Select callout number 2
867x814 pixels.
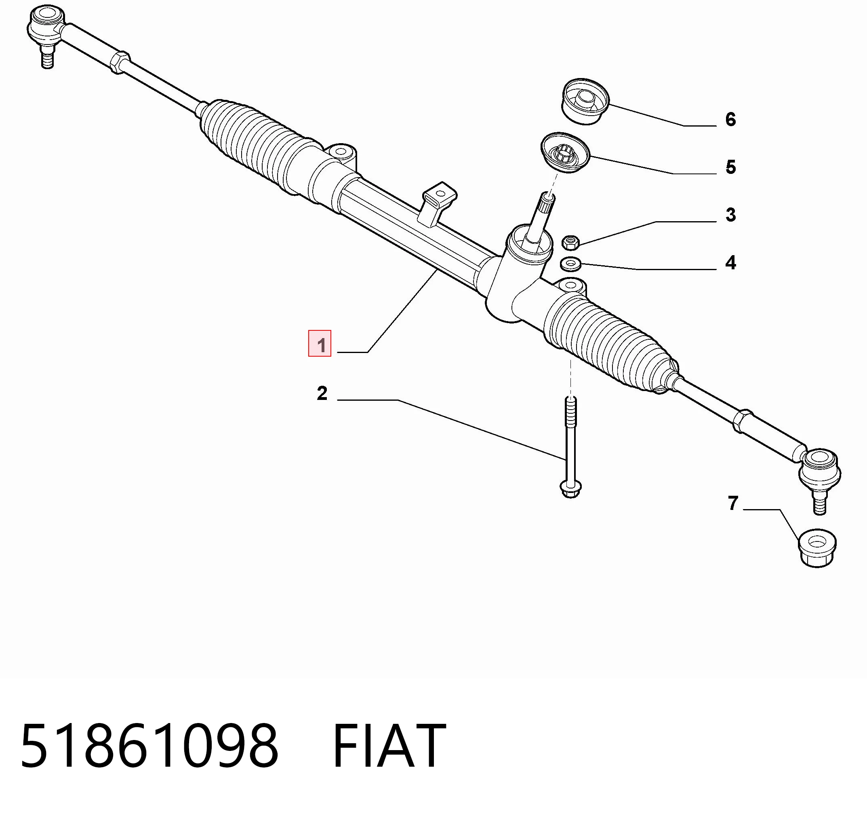(x=322, y=393)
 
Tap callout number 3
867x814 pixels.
(x=731, y=215)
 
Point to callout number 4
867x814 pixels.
(x=731, y=263)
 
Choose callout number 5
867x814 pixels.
(x=731, y=167)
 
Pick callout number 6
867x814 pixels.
(x=731, y=120)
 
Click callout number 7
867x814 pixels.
(x=733, y=503)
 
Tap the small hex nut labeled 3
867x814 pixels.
(x=570, y=242)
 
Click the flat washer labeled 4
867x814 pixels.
(x=570, y=264)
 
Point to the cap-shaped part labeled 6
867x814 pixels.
(x=584, y=101)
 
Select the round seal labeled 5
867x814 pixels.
(x=565, y=152)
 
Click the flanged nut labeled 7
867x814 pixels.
(x=817, y=548)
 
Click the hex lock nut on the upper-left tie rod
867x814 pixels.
(x=120, y=62)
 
